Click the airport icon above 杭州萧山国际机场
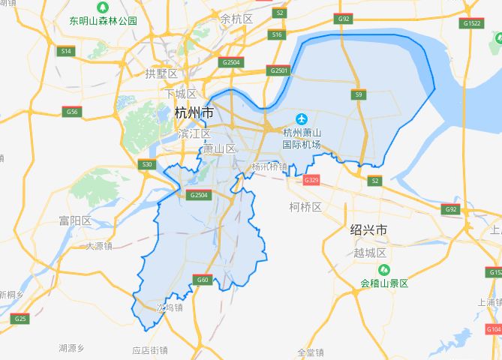(302, 118)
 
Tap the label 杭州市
(193, 113)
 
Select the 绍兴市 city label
(368, 229)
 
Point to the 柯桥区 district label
(305, 206)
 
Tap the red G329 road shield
(311, 181)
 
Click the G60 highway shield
(201, 280)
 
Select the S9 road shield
(359, 94)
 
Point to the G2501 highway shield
(278, 70)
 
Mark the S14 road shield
(66, 51)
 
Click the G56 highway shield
(71, 111)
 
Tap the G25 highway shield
(20, 319)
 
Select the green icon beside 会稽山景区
(383, 270)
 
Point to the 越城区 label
(369, 253)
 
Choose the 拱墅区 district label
(161, 73)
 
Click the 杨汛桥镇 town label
(269, 166)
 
